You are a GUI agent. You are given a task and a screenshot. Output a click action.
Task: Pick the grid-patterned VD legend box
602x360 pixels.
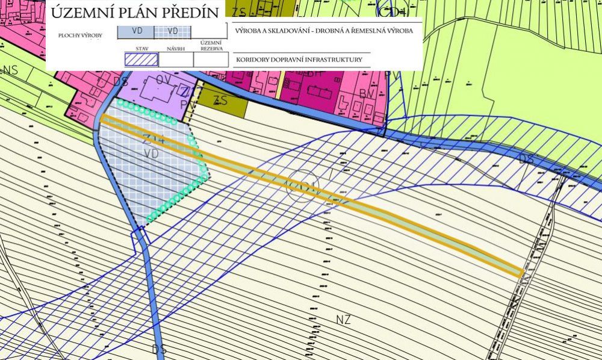[173, 31]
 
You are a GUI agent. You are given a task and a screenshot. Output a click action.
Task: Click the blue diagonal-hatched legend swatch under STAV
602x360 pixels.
[141, 60]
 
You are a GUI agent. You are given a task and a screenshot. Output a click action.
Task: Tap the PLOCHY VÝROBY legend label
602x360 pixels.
[80, 36]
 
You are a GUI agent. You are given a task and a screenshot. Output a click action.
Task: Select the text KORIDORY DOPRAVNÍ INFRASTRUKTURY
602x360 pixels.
[299, 60]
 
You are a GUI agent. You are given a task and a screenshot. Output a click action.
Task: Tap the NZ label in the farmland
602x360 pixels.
[343, 319]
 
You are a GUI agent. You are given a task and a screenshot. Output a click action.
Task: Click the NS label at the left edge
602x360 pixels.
[10, 70]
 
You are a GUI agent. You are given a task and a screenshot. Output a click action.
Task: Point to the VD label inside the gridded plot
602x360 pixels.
[151, 154]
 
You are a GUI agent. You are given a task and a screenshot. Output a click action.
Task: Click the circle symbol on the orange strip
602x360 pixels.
[300, 184]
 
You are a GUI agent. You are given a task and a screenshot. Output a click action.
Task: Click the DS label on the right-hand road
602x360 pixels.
[526, 160]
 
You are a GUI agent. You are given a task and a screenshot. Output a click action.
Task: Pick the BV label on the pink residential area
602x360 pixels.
[367, 94]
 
